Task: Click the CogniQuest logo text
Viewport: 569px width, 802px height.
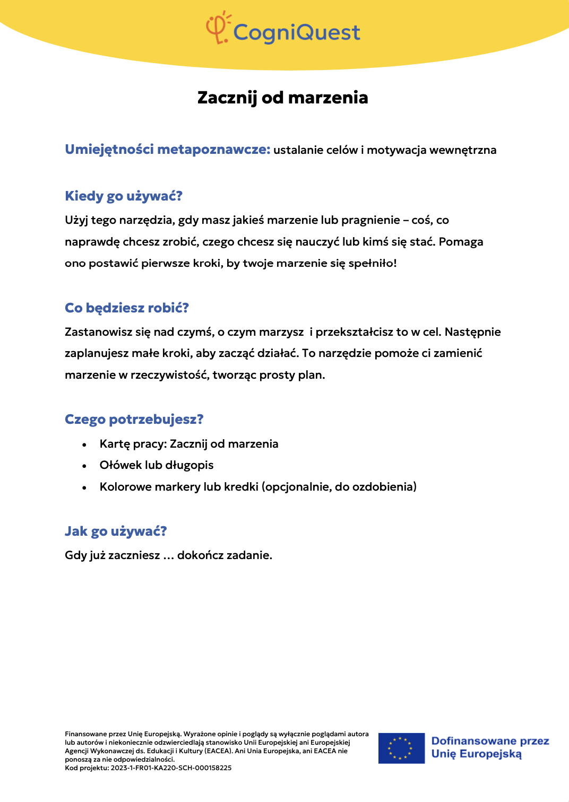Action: pos(297,33)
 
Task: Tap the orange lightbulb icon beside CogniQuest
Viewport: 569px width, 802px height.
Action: pos(218,28)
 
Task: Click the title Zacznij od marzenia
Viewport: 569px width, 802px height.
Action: pos(282,98)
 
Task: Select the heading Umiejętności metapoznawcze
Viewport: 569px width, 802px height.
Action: pos(167,150)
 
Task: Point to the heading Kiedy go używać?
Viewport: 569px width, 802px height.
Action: pos(123,196)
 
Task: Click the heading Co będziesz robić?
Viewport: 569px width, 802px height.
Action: pos(126,308)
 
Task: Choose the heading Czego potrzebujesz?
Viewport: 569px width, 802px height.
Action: pos(134,420)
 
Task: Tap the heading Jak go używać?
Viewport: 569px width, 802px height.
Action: pos(116,531)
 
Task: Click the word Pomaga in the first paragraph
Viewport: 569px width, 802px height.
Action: pos(461,242)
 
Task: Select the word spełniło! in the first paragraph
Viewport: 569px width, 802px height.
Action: pos(373,263)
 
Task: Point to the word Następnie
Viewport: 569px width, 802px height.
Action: pos(472,332)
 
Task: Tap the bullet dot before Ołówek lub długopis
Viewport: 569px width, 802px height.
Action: pos(84,466)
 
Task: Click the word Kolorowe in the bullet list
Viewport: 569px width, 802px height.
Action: pos(125,487)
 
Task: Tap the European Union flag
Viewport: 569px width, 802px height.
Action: pos(401,748)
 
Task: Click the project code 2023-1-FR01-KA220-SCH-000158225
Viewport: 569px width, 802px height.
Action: pos(171,768)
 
